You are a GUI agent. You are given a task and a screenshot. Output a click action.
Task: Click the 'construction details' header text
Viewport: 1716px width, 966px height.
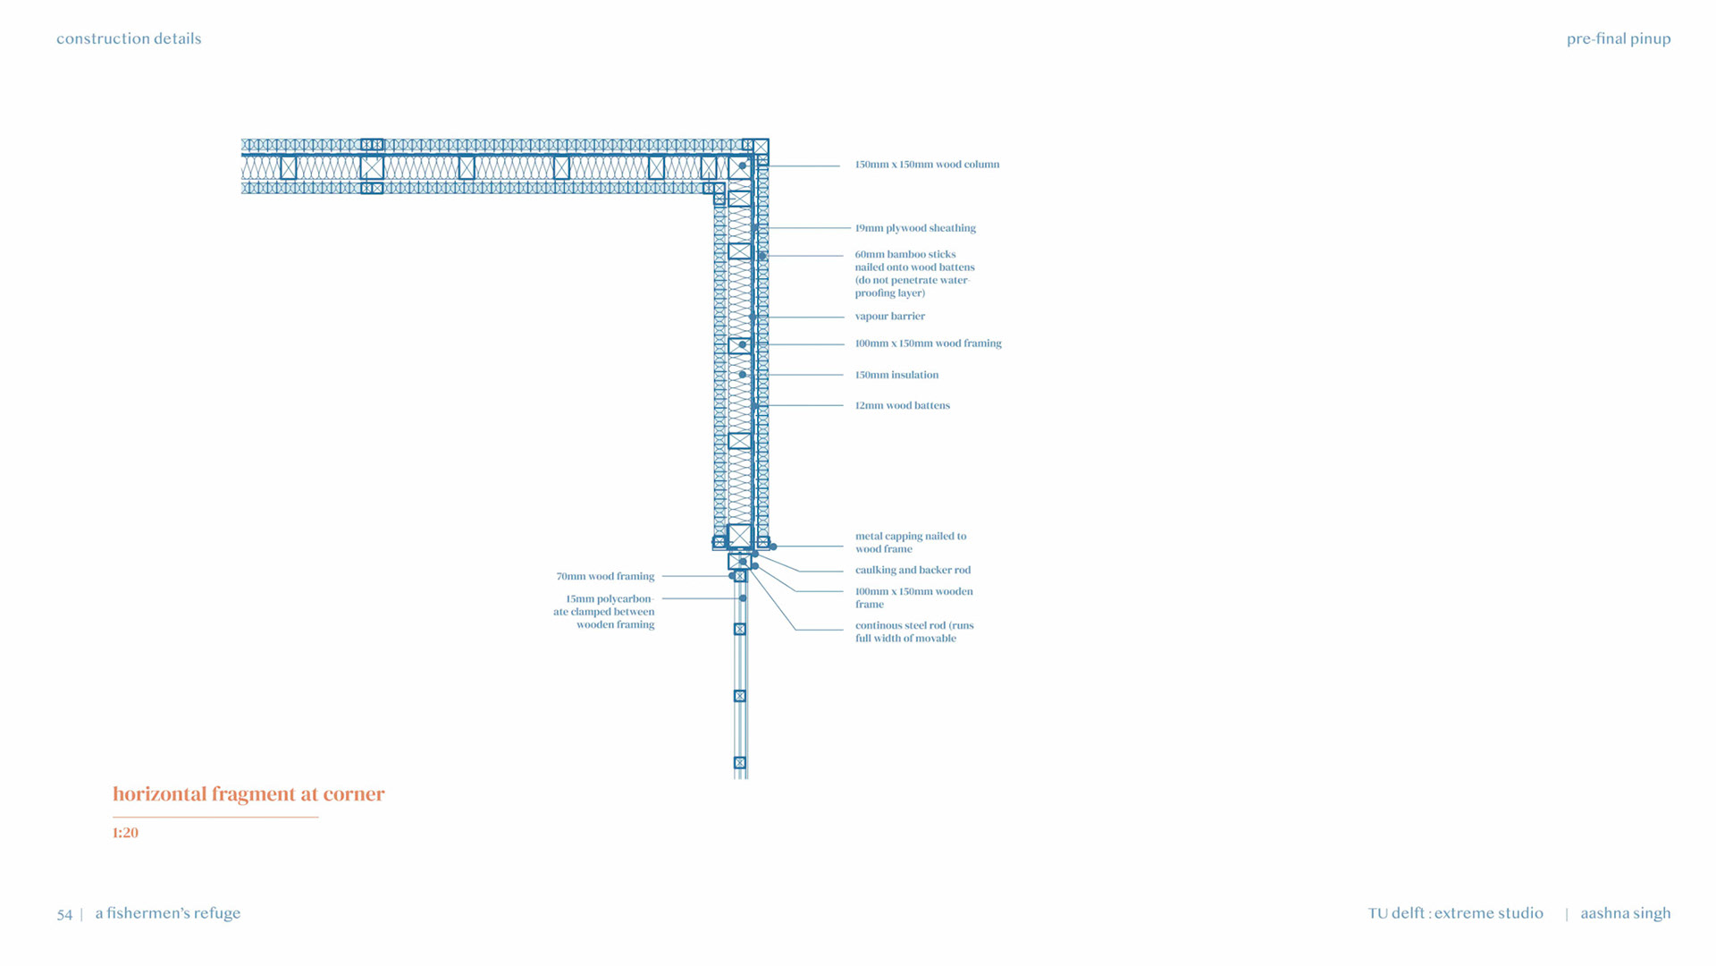coord(129,38)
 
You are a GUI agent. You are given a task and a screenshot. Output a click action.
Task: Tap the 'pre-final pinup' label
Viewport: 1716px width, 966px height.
coord(1618,38)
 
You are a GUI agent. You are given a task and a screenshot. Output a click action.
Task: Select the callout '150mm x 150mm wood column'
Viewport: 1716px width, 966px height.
coord(927,165)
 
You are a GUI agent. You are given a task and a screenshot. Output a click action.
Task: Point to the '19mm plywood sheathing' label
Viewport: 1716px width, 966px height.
coord(915,228)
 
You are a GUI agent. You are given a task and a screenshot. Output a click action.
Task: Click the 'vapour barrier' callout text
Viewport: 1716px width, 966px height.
coord(889,317)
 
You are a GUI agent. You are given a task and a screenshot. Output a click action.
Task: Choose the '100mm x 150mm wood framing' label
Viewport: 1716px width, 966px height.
coord(928,343)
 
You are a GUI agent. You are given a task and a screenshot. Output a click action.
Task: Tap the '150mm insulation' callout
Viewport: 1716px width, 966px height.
coord(896,375)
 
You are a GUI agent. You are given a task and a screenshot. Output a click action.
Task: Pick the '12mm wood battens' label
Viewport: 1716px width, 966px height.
coord(902,405)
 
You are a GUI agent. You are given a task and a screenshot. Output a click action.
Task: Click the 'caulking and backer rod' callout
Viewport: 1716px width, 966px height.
coord(913,570)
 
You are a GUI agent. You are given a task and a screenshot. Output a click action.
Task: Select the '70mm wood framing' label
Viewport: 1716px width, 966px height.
coord(605,576)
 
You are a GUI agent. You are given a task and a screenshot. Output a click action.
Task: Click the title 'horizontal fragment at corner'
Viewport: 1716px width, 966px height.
coord(248,794)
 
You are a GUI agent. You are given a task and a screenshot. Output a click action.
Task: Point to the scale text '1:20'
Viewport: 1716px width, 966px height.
coord(125,833)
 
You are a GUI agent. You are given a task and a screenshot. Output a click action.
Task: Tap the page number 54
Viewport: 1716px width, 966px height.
coord(64,914)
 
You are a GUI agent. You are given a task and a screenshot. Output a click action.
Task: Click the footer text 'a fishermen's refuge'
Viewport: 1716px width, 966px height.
coord(168,913)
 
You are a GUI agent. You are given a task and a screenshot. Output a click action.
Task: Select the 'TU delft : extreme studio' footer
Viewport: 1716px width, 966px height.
coord(1455,913)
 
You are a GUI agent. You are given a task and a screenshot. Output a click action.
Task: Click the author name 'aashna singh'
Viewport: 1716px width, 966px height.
coord(1625,913)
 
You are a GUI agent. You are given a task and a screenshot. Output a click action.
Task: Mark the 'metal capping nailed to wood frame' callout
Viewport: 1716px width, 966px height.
coord(910,543)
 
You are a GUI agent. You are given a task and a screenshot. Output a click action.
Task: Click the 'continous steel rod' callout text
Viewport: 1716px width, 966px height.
coord(913,631)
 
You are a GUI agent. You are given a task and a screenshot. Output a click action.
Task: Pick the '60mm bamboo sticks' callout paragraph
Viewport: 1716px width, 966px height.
coord(913,274)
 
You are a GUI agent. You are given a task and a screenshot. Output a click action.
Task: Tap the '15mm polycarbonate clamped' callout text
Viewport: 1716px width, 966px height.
coord(605,612)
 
